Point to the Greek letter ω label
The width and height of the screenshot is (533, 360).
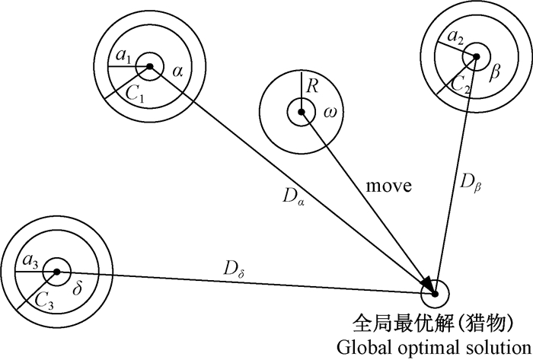[x=330, y=113]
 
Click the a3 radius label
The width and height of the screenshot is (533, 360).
[x=30, y=262]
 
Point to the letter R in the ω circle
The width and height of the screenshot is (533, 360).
[x=311, y=86]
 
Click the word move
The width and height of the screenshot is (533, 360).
[x=388, y=185]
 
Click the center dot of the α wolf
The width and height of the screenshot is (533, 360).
[x=150, y=67]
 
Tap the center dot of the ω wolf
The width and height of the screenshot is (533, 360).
[x=302, y=113]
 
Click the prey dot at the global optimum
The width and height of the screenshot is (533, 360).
[x=435, y=293]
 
